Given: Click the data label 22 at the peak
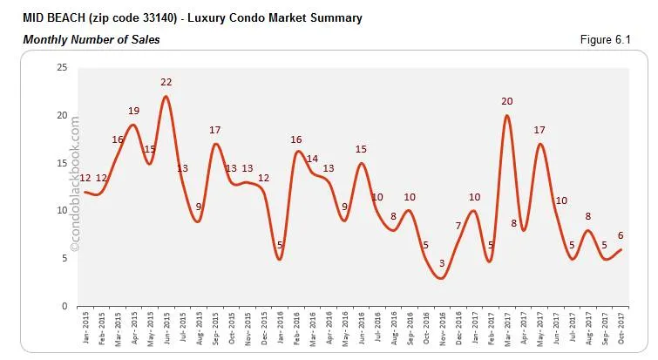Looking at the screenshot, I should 166,82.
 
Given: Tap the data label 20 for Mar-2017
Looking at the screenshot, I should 506,101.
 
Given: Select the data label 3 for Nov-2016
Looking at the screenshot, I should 442,263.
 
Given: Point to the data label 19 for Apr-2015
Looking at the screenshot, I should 133,111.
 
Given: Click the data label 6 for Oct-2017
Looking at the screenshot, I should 621,234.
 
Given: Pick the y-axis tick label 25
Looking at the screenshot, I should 61,67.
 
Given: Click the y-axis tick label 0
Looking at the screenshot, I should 64,307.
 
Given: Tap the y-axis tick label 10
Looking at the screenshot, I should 61,211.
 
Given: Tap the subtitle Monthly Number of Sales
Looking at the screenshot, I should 92,39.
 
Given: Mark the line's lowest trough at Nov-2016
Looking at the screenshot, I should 442,278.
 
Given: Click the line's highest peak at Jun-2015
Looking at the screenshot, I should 166,96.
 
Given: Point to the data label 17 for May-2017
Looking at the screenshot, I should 539,130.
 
